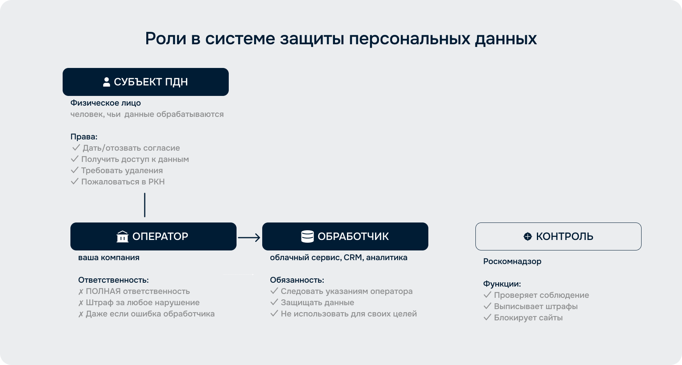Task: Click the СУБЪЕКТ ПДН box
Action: tap(146, 82)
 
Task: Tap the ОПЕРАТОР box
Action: tap(153, 236)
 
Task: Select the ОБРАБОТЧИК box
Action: tap(345, 236)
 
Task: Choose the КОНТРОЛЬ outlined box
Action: tap(558, 236)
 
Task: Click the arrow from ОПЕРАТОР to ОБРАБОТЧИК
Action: tap(249, 237)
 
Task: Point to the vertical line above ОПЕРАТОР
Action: tap(145, 205)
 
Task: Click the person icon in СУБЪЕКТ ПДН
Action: tap(106, 82)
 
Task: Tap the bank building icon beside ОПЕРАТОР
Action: tap(123, 236)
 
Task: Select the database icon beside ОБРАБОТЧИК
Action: tap(307, 236)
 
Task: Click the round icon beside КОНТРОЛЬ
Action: tap(528, 236)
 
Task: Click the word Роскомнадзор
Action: tap(512, 261)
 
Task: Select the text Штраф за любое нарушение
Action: tap(143, 302)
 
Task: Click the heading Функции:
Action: tap(502, 284)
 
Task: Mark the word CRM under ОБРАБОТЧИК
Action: tap(353, 257)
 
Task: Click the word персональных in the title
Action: tap(410, 39)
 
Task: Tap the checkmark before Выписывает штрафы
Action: tap(487, 306)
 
